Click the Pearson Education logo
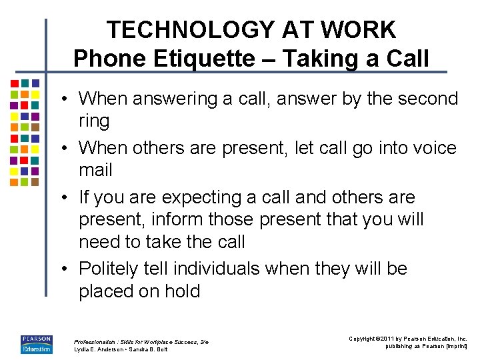click(x=37, y=344)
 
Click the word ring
click(x=94, y=121)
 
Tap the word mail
click(x=95, y=171)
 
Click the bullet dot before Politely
click(x=68, y=269)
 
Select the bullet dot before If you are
click(x=68, y=198)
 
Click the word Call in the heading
click(x=407, y=59)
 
